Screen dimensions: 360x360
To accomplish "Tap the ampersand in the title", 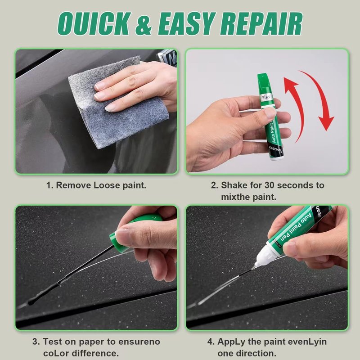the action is (144, 24).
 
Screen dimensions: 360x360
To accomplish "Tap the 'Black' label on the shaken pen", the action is (266, 97).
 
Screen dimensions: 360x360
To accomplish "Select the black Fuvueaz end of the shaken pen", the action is (276, 152).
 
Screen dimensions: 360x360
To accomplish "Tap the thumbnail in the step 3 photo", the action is (122, 234).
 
